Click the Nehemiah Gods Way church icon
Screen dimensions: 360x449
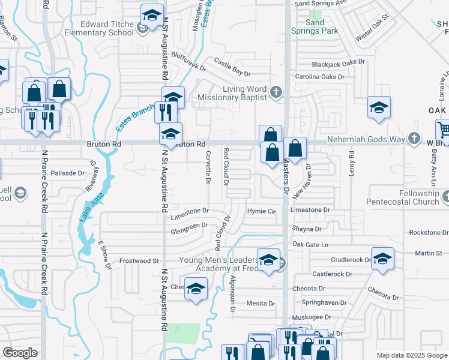414,139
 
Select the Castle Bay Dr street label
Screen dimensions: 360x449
232,68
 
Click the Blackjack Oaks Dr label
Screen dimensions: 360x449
338,63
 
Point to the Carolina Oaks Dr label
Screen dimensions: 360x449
319,77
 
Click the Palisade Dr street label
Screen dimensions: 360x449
67,173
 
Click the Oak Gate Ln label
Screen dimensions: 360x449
311,244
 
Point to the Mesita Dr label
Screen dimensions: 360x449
261,304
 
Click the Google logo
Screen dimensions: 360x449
20,353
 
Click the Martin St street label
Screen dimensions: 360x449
428,254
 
